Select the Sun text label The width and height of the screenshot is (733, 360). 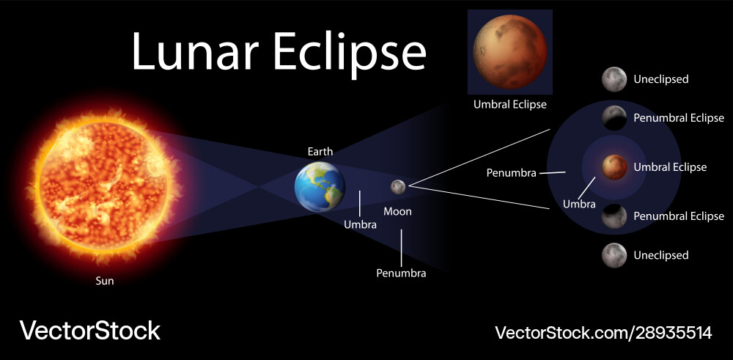(x=105, y=281)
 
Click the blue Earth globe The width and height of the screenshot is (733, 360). (x=320, y=186)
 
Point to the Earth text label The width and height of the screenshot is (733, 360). (x=320, y=152)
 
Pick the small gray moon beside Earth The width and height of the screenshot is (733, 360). (x=397, y=187)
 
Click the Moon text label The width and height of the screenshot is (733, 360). (x=398, y=211)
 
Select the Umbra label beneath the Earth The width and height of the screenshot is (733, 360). (x=360, y=225)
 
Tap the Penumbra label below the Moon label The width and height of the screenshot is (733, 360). (x=401, y=273)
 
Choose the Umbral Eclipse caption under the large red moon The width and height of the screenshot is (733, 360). (x=509, y=105)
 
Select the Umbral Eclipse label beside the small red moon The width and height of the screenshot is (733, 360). (x=670, y=167)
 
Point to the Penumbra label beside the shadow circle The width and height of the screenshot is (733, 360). (x=512, y=173)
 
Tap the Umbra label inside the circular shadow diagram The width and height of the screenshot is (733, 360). (x=579, y=204)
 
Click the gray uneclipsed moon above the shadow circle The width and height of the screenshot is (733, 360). (x=614, y=78)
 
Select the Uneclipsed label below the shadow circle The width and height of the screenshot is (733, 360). (x=661, y=255)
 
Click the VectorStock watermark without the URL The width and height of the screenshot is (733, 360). (x=89, y=331)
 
